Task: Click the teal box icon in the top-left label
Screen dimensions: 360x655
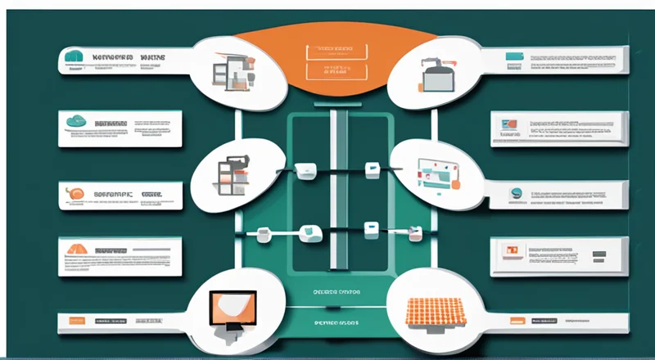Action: click(74, 57)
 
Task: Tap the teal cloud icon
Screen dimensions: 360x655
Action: click(77, 121)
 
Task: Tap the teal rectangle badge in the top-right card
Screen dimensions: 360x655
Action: click(514, 56)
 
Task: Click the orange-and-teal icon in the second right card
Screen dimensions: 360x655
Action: click(508, 124)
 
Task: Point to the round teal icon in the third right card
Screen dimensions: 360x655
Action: click(517, 194)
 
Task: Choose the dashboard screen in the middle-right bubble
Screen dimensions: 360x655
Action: click(439, 172)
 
